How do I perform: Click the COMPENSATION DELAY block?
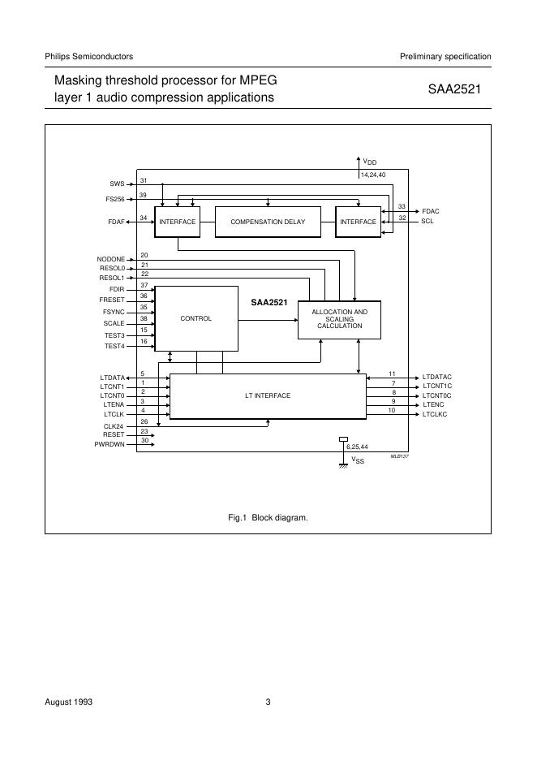click(267, 222)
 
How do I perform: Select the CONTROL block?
click(195, 318)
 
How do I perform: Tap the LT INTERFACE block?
click(268, 395)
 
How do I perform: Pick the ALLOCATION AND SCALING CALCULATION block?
click(340, 318)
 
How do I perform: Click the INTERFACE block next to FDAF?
click(178, 222)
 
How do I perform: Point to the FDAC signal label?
click(431, 211)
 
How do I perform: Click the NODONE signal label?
click(110, 259)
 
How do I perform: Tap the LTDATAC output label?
click(437, 378)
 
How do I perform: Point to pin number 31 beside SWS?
click(143, 180)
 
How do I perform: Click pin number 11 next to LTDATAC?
click(392, 373)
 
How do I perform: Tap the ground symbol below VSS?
click(344, 465)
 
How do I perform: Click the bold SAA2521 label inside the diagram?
click(268, 302)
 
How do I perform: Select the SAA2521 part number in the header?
click(454, 89)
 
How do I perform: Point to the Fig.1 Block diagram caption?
click(268, 517)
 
